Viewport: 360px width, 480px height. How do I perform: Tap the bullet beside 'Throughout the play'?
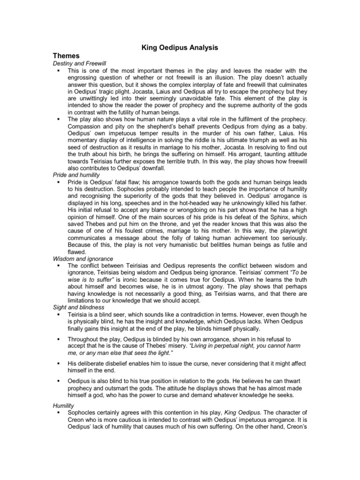click(58, 338)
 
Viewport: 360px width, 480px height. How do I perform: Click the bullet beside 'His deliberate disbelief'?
click(58, 364)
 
